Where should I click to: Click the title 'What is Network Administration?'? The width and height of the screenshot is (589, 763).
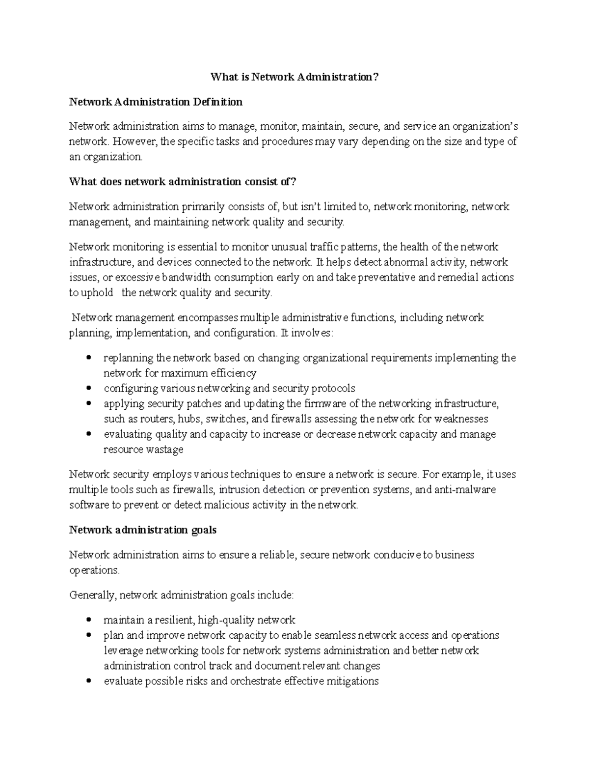coord(295,77)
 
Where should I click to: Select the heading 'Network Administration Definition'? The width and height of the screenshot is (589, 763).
coord(156,102)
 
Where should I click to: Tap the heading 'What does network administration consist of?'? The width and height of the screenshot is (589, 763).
coord(183,182)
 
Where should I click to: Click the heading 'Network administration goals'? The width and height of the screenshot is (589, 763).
coord(143,530)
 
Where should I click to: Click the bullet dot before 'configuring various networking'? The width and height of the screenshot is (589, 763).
coord(88,388)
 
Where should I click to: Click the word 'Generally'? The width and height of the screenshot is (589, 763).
coord(92,595)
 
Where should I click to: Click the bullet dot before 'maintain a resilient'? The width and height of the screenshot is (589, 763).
coord(88,620)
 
